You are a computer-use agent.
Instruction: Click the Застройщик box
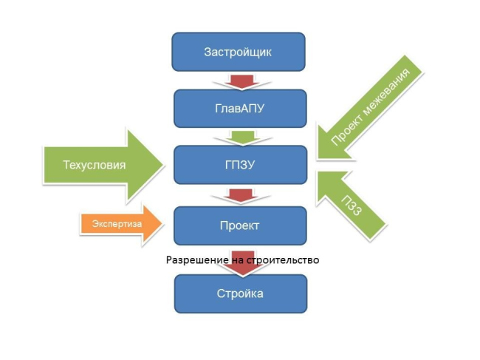(x=239, y=52)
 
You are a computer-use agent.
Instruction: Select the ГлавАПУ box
(x=239, y=109)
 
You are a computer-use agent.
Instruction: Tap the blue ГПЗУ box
(x=239, y=165)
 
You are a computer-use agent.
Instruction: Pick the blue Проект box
(x=239, y=225)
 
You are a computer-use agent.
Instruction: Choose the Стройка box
(x=239, y=293)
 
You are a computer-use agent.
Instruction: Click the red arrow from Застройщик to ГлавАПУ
(x=240, y=79)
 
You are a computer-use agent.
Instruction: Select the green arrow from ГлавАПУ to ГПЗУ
(x=240, y=137)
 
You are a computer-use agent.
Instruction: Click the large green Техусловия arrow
(x=103, y=165)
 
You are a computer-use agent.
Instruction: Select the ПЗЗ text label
(x=354, y=201)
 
